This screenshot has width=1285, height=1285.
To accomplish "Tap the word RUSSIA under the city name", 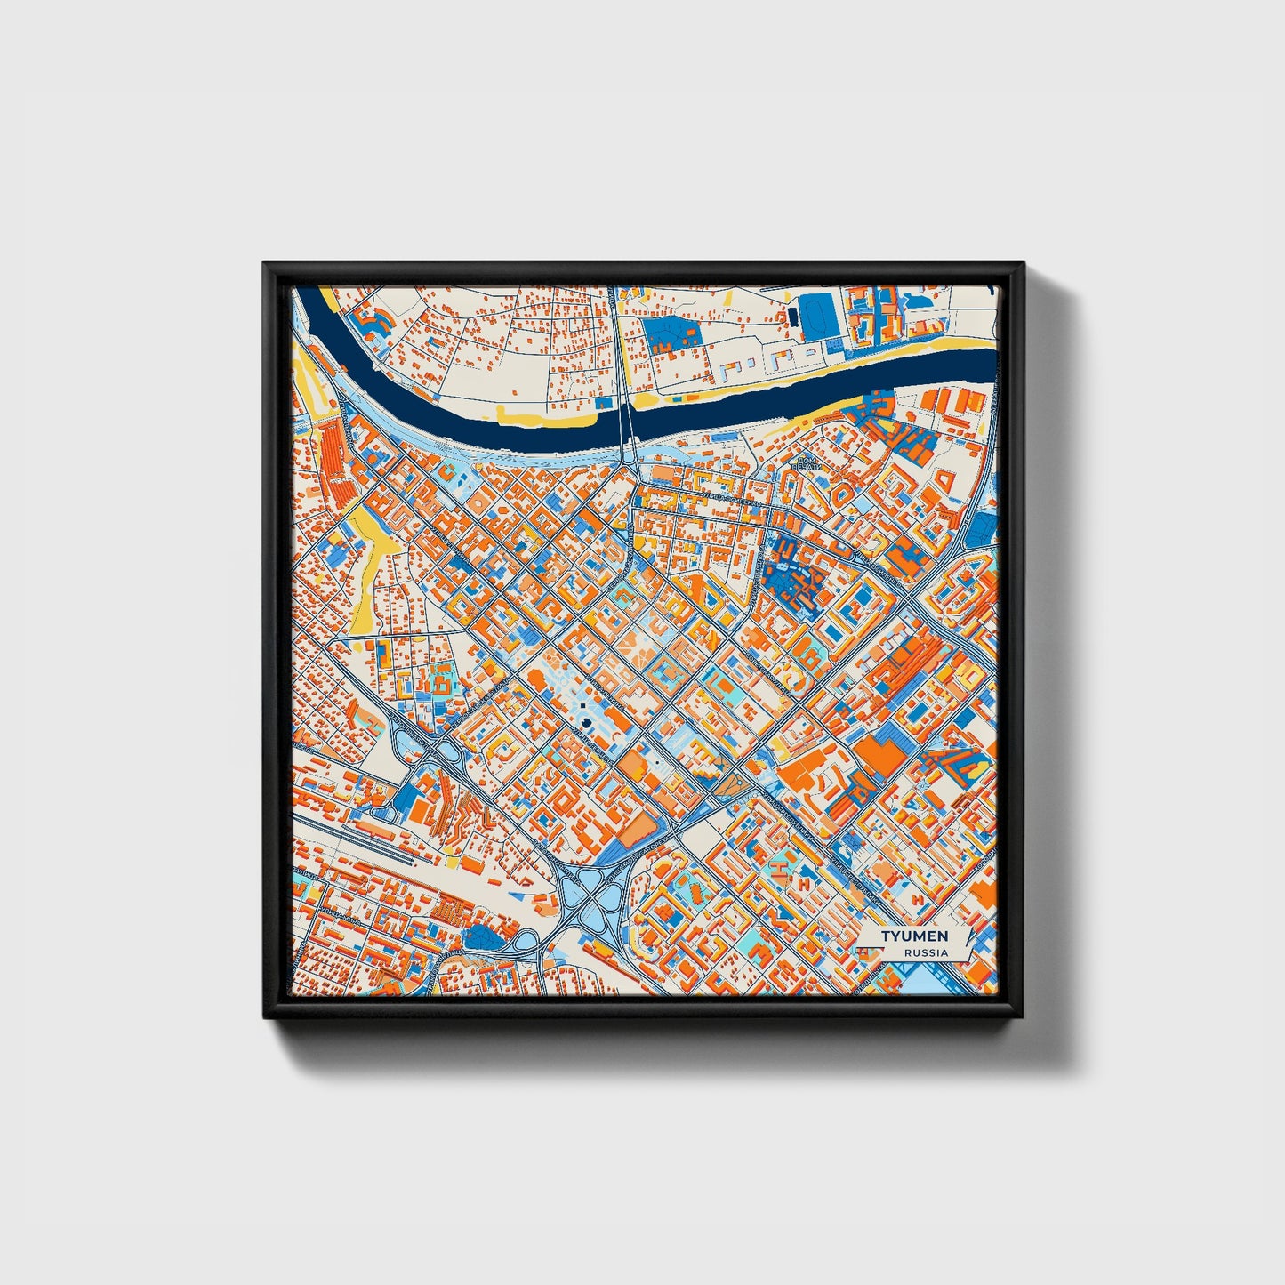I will pos(926,952).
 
